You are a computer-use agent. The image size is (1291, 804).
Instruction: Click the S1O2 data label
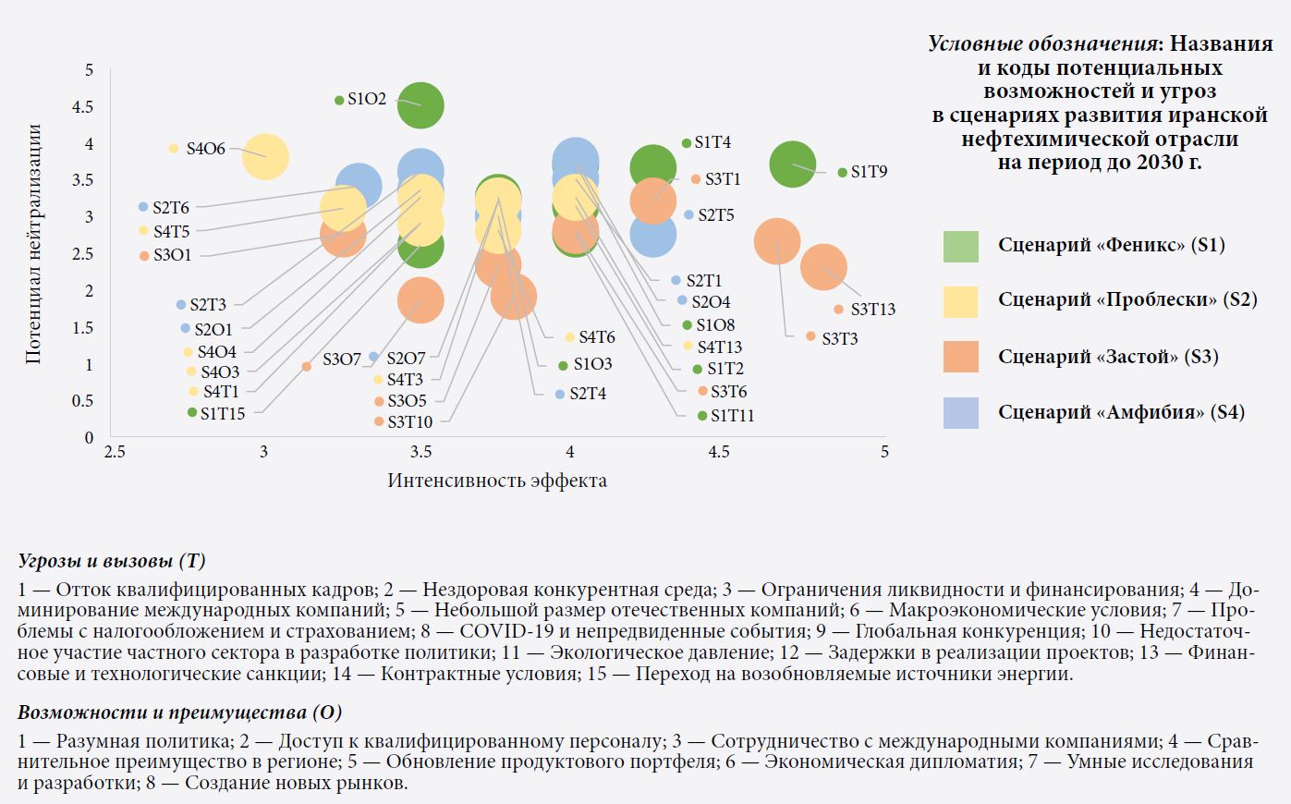[x=367, y=99]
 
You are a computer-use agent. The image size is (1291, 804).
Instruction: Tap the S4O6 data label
[x=205, y=149]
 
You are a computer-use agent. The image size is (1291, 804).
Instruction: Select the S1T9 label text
[x=869, y=172]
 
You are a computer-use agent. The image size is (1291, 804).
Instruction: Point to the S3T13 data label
[x=872, y=310]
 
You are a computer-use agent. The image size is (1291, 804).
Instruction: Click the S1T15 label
[x=223, y=413]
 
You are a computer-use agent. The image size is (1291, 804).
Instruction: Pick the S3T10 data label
[x=409, y=422]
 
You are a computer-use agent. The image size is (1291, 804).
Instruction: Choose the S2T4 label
[x=588, y=394]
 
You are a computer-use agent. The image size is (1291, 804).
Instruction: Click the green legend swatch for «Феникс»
[x=960, y=246]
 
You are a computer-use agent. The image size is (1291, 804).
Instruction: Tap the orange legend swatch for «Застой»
[x=960, y=357]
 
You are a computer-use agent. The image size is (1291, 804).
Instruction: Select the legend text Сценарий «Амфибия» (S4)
[x=1121, y=412]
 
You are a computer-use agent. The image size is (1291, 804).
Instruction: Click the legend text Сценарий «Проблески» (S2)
[x=1127, y=300]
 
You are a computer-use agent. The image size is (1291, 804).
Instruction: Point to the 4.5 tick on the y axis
[x=83, y=107]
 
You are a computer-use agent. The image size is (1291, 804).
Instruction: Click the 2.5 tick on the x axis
[x=115, y=452]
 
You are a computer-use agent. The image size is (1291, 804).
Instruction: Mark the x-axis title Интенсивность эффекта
[x=497, y=481]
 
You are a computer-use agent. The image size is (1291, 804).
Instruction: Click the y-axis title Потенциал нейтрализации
[x=34, y=244]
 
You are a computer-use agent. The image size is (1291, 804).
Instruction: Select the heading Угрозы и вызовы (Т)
[x=112, y=561]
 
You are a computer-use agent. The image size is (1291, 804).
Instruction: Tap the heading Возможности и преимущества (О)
[x=179, y=713]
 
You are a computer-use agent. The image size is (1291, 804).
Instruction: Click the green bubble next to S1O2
[x=420, y=105]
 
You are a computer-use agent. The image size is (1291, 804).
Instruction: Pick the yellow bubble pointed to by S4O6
[x=265, y=156]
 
